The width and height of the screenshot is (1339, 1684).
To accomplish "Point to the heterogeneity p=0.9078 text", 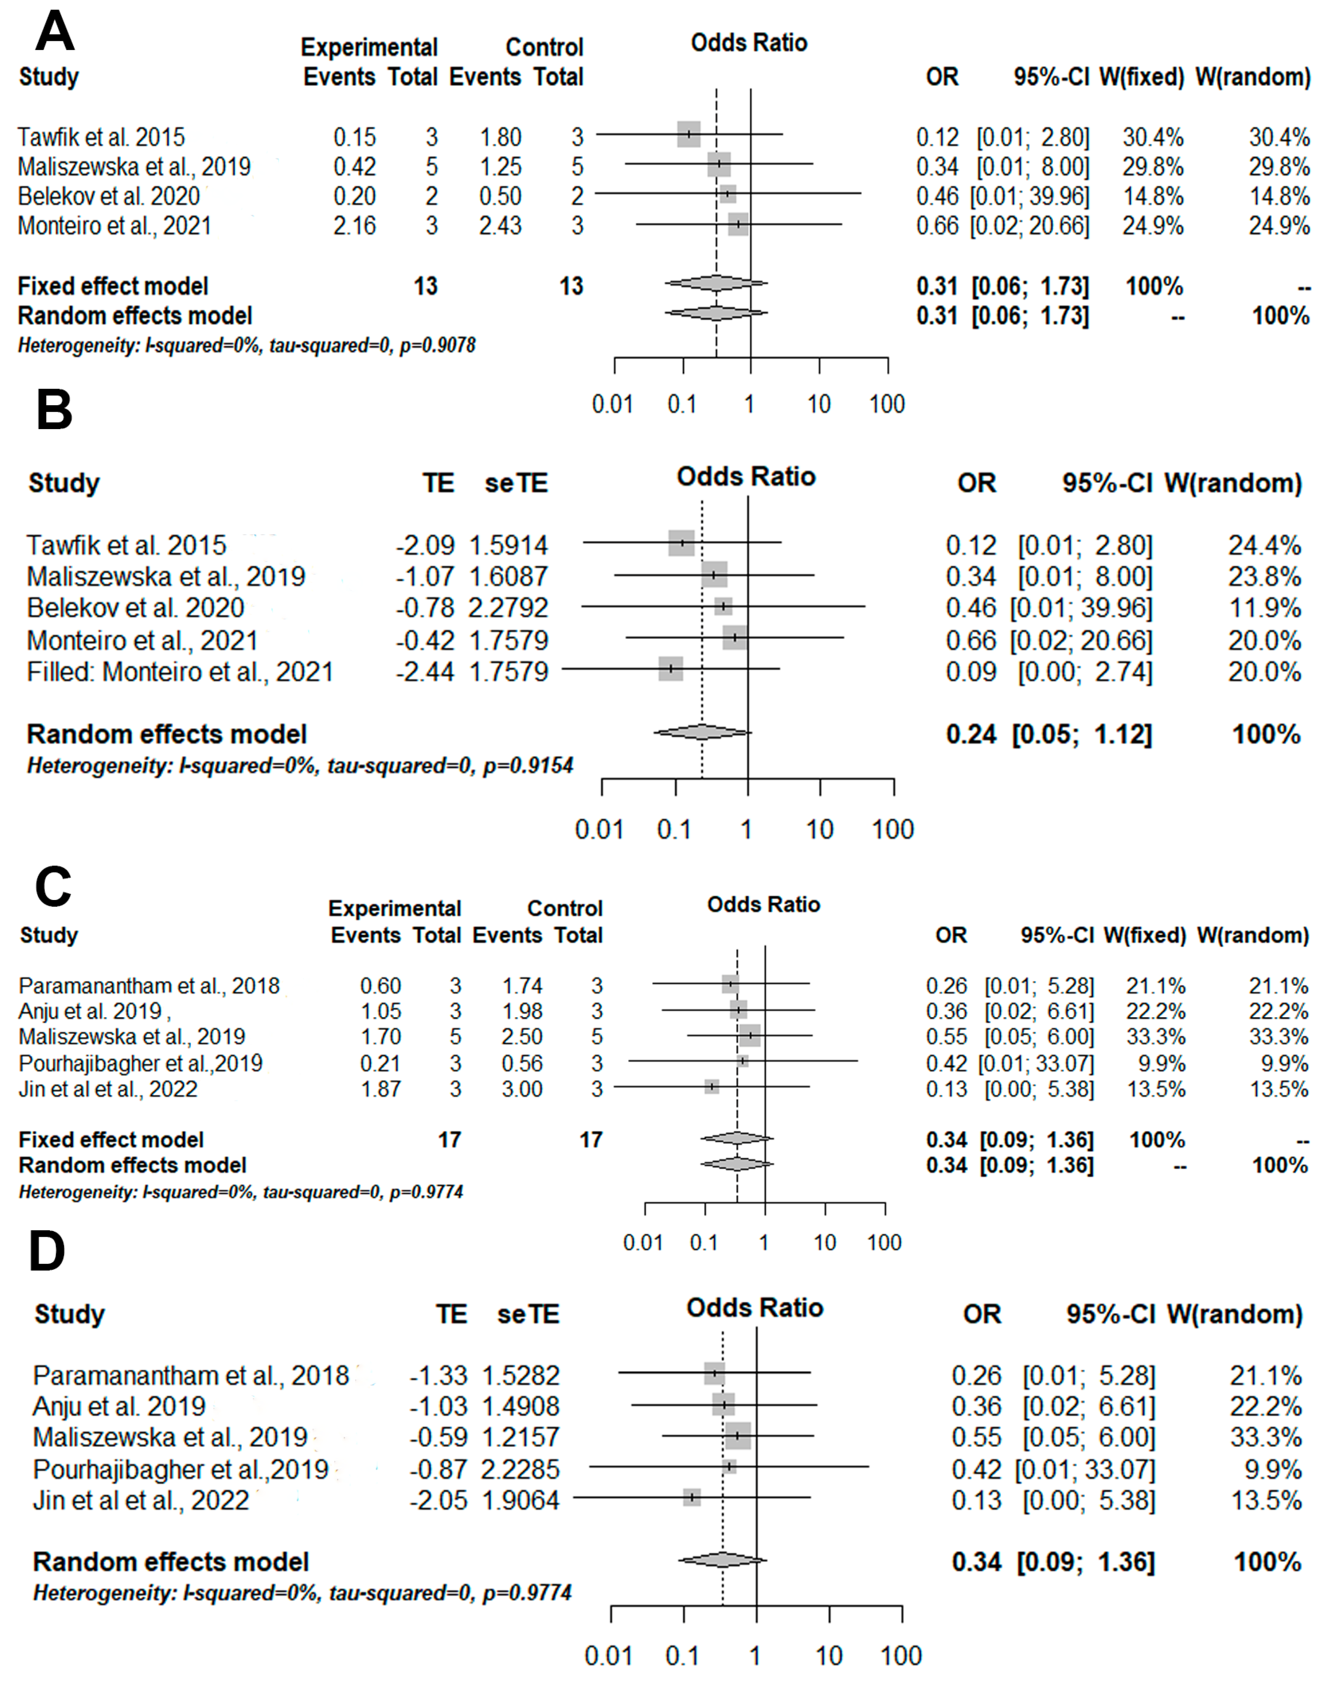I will click(437, 345).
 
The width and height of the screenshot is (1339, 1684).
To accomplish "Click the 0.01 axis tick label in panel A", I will click(612, 404).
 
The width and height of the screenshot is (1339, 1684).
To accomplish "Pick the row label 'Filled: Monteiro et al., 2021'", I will click(179, 672).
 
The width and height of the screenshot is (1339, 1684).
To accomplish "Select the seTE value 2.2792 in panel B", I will click(508, 608).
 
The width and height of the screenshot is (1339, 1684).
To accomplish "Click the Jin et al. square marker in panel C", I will click(711, 1086).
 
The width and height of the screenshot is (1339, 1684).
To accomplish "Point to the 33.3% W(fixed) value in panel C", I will click(1155, 1037).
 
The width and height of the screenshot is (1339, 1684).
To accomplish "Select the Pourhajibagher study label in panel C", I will click(141, 1063).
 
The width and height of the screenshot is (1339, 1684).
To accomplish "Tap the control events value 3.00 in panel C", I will click(521, 1089).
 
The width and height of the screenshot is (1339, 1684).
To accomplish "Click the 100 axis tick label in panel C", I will click(884, 1242).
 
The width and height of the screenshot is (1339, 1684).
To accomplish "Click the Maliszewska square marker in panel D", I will click(738, 1436).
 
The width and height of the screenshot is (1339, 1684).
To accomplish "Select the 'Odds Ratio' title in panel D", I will click(754, 1308).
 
